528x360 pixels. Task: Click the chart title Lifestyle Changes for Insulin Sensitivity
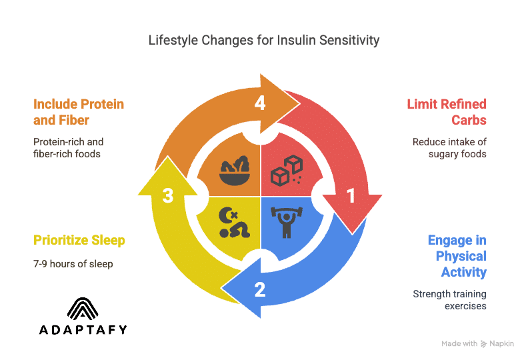(x=264, y=41)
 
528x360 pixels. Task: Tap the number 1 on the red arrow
(x=350, y=195)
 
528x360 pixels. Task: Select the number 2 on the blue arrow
(x=259, y=289)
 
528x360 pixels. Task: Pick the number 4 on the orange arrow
(x=259, y=103)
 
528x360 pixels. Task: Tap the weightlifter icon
(x=285, y=222)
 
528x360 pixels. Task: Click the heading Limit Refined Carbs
(x=447, y=111)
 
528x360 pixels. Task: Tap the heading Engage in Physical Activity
(x=457, y=256)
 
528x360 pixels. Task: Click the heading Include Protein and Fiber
(x=79, y=112)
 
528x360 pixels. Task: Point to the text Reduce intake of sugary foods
(x=449, y=148)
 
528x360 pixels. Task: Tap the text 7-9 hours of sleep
(x=73, y=264)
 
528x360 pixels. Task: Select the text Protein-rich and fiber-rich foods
(x=69, y=148)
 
